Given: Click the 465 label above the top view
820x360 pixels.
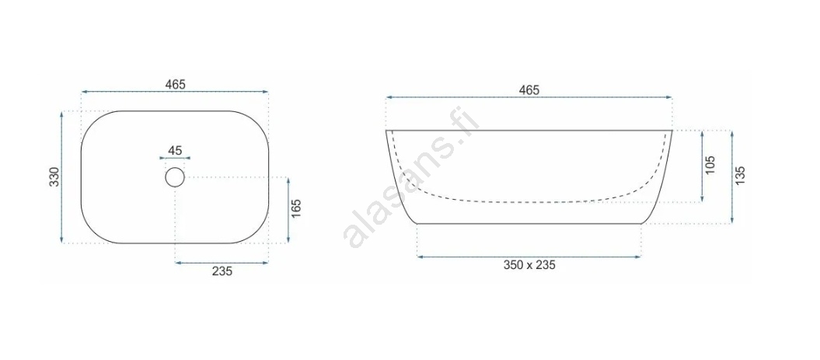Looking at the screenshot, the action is click(175, 84).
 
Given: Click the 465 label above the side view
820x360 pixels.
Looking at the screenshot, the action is click(529, 89).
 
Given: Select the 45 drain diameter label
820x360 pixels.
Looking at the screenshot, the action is click(175, 151).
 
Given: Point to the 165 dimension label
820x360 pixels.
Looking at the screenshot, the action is click(296, 209).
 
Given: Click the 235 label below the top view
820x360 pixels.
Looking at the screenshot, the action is click(222, 271).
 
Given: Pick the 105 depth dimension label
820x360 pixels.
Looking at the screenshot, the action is click(710, 165).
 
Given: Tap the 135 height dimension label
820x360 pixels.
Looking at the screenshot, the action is click(739, 176).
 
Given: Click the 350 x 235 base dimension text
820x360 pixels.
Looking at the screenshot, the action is click(529, 265).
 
